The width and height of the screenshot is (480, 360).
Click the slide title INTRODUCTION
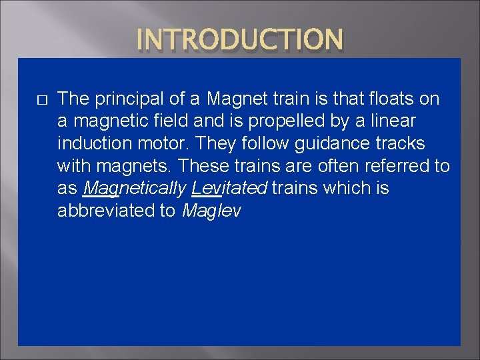click(x=240, y=39)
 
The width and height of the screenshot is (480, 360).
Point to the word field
click(x=173, y=122)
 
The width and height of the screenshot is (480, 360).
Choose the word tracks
click(x=403, y=144)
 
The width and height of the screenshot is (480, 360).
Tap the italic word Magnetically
click(x=133, y=189)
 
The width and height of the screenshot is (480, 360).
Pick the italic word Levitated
click(x=229, y=189)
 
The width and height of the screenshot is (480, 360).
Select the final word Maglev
click(x=211, y=211)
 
